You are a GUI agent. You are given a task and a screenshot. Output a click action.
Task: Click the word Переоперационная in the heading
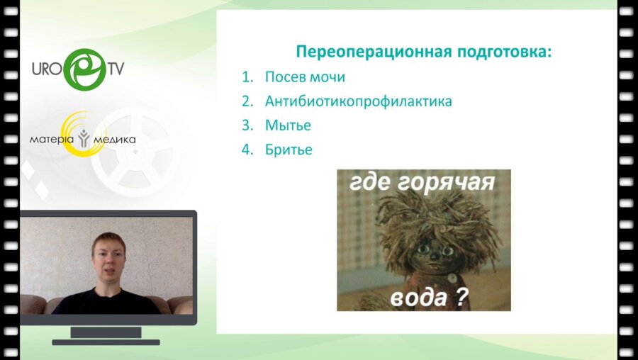(x=374, y=52)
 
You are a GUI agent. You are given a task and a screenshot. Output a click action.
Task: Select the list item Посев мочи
(x=305, y=77)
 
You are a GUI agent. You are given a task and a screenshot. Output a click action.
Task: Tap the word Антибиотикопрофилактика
(x=359, y=101)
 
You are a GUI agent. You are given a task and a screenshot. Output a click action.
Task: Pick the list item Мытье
(x=288, y=125)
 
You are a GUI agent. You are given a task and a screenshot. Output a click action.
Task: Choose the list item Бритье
(x=289, y=150)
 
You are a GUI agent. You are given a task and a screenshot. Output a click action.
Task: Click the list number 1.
(x=247, y=77)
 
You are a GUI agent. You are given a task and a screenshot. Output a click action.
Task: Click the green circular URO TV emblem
(x=85, y=69)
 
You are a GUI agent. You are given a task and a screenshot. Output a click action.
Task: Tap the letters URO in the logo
(x=46, y=69)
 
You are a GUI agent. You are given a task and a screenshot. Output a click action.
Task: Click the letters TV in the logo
(x=116, y=69)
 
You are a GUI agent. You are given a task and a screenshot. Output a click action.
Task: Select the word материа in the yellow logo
(x=52, y=140)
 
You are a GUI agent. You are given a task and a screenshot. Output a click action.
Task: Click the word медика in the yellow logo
(x=114, y=140)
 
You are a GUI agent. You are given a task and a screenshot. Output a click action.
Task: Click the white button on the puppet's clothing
(x=451, y=279)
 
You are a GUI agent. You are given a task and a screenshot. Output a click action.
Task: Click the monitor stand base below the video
(x=106, y=342)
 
